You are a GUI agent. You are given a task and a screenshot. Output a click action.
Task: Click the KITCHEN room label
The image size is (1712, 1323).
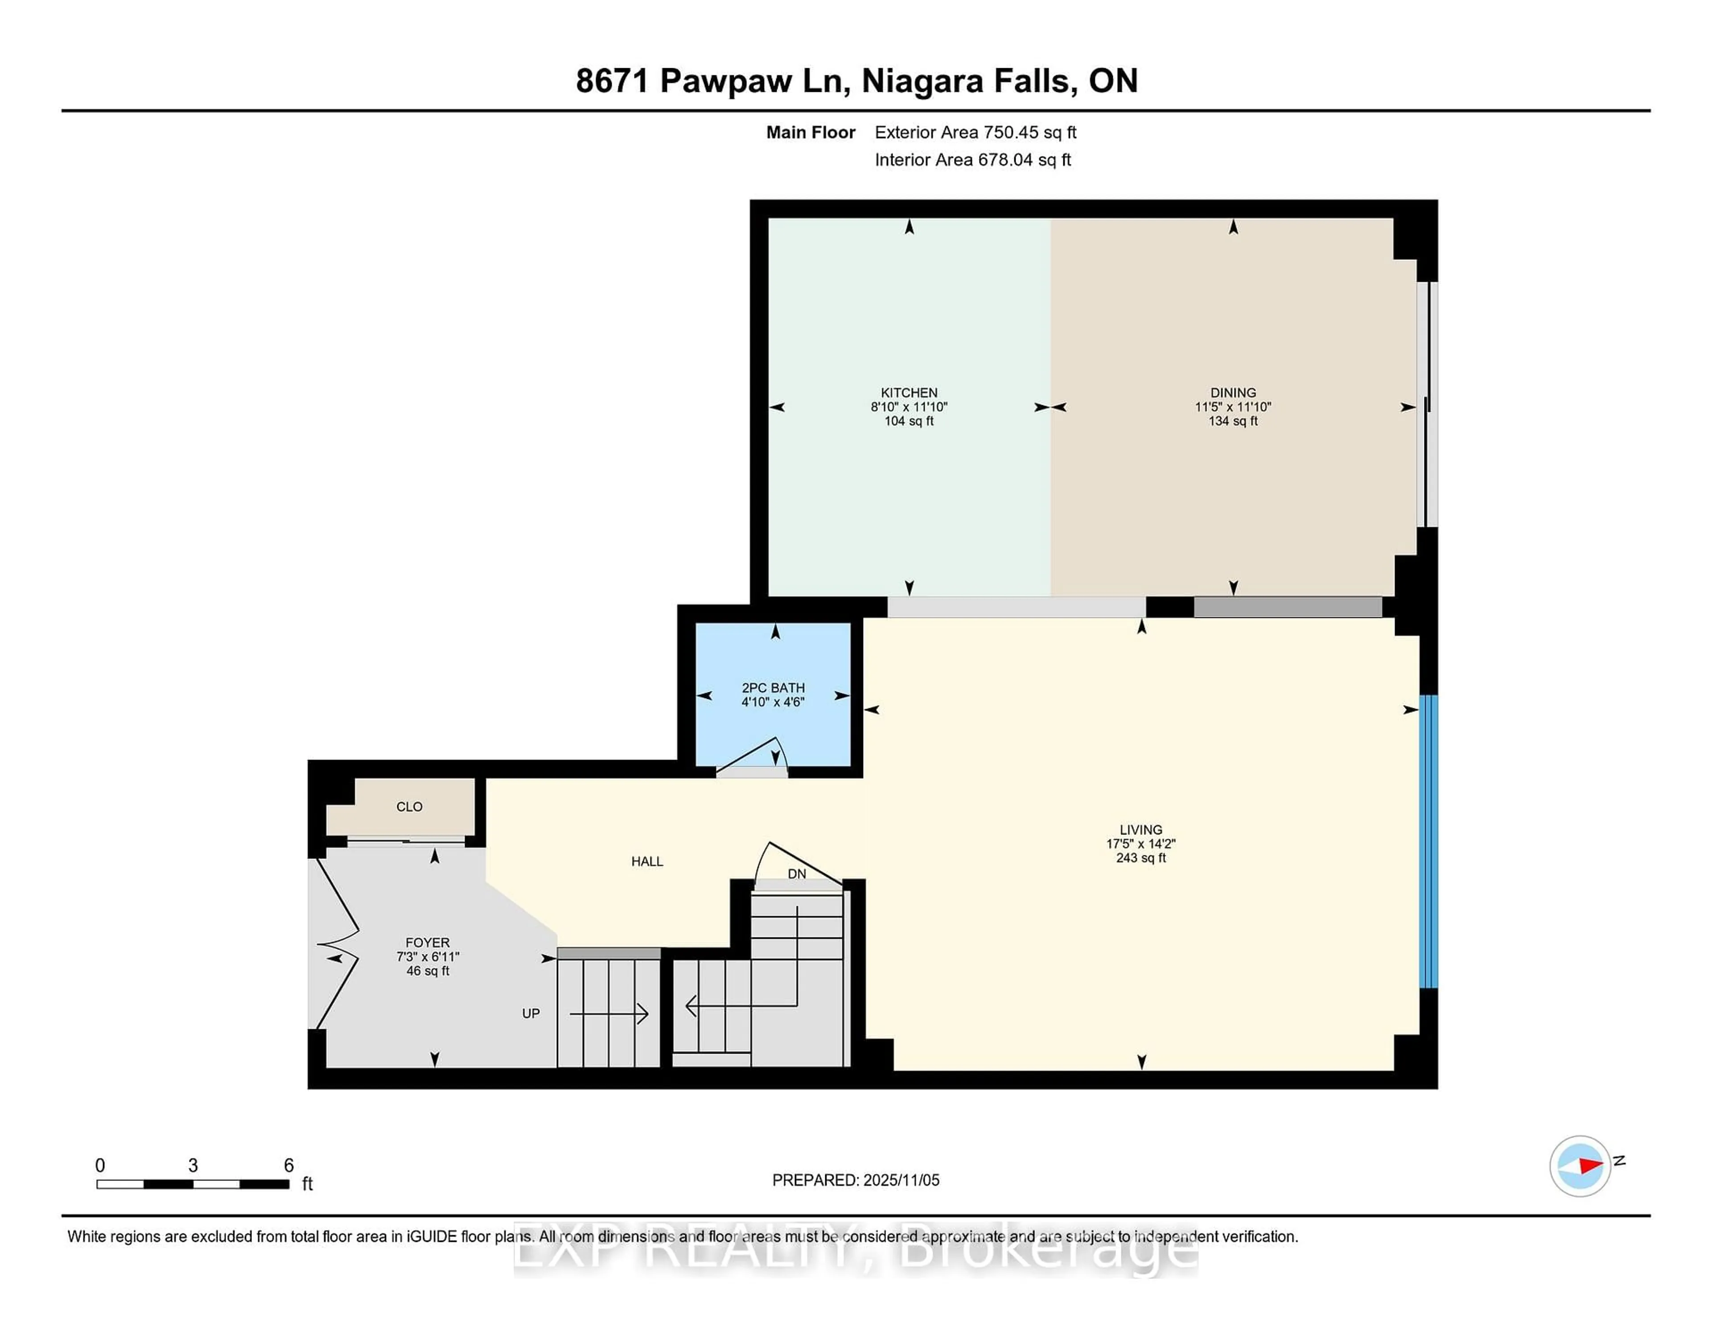coord(909,393)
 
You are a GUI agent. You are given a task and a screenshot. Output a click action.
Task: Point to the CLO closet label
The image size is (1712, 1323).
coord(409,806)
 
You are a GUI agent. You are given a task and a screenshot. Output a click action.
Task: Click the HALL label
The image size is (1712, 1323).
coord(647,861)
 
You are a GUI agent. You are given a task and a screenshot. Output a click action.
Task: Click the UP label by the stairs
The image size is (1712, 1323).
coord(531,1013)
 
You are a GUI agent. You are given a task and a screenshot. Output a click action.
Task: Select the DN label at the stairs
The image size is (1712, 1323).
coord(796,874)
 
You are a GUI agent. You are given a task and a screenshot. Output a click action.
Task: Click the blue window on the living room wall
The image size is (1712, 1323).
coord(1429,841)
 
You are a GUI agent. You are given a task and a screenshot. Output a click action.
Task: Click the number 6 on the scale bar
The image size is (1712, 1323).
coord(288,1166)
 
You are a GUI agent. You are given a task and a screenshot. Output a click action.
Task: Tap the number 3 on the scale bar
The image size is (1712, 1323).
coord(193,1166)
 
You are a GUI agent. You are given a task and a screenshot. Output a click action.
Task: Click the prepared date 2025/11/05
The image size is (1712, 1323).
coord(901,1180)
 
